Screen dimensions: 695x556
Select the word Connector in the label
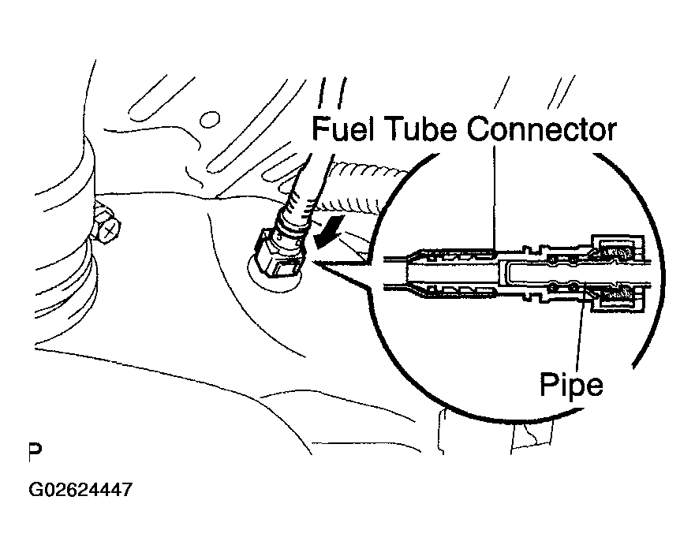coord(542,129)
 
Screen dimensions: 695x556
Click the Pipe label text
coord(571,386)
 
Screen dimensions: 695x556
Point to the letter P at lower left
coord(35,452)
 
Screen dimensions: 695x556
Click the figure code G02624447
coord(80,490)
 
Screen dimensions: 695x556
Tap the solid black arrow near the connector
coord(327,230)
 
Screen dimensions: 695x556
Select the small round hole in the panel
coord(210,120)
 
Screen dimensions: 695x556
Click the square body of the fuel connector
coord(277,257)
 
